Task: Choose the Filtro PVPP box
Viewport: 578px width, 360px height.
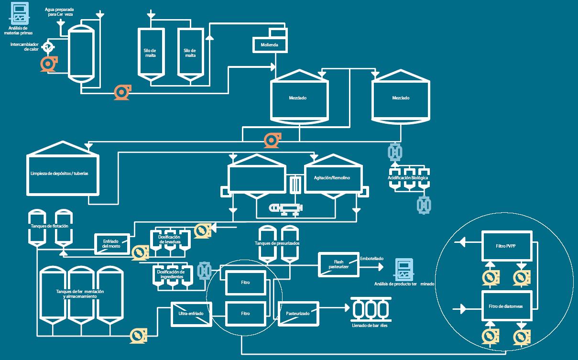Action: (506, 246)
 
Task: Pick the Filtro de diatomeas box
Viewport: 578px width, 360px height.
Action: (506, 306)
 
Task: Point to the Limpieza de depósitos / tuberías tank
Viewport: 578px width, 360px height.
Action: (63, 173)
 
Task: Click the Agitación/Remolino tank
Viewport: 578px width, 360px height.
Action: (332, 177)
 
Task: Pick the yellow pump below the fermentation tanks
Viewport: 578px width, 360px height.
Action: (138, 336)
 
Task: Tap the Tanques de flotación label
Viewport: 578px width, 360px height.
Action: (49, 226)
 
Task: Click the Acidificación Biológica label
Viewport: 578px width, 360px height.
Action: (408, 178)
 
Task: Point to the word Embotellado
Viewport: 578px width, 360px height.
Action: (371, 259)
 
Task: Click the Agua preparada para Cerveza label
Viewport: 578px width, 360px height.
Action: (59, 11)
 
